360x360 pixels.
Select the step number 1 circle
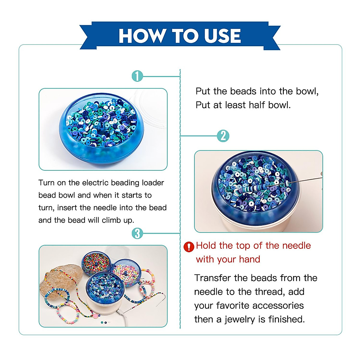click(137, 76)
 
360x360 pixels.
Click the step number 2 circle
click(223, 136)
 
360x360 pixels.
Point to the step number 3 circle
click(137, 233)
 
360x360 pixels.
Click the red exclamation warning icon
click(189, 247)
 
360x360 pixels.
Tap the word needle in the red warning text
click(294, 246)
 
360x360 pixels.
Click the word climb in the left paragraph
click(112, 220)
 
